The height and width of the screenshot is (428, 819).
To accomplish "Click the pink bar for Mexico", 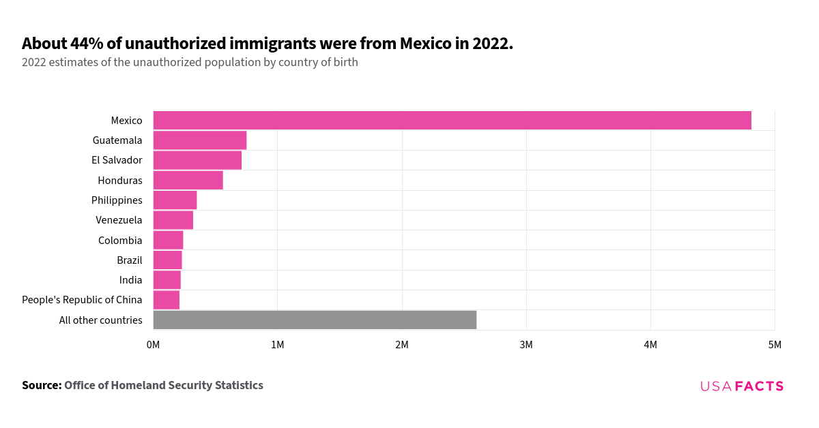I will pyautogui.click(x=452, y=121).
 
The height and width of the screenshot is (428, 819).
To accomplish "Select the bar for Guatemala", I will pyautogui.click(x=199, y=140).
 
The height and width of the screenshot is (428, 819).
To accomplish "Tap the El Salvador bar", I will pyautogui.click(x=197, y=160).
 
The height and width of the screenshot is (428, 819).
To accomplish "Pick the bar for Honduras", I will pyautogui.click(x=188, y=181).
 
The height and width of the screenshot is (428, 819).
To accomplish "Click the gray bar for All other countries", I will pyautogui.click(x=315, y=320).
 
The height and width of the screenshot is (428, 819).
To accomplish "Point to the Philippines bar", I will pyautogui.click(x=175, y=200).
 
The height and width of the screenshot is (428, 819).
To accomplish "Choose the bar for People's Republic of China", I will pyautogui.click(x=167, y=300).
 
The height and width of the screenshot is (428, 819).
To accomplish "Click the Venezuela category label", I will pyautogui.click(x=119, y=220).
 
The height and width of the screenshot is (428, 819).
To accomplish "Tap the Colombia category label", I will pyautogui.click(x=120, y=241).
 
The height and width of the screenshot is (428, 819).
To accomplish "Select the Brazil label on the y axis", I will pyautogui.click(x=129, y=260).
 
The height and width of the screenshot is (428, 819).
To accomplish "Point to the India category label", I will pyautogui.click(x=130, y=280).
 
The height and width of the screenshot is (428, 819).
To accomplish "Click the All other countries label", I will pyautogui.click(x=100, y=320).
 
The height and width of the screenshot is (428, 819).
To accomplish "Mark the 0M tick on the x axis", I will pyautogui.click(x=153, y=346).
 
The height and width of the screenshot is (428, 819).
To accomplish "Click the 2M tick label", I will pyautogui.click(x=402, y=346).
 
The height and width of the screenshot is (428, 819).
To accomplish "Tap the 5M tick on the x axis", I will pyautogui.click(x=775, y=346).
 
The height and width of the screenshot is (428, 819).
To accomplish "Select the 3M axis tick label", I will pyautogui.click(x=526, y=346).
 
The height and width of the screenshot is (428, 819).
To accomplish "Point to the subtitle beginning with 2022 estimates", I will pyautogui.click(x=190, y=63).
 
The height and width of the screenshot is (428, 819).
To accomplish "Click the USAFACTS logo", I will pyautogui.click(x=742, y=386).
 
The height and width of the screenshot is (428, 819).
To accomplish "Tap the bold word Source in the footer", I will pyautogui.click(x=42, y=386).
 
